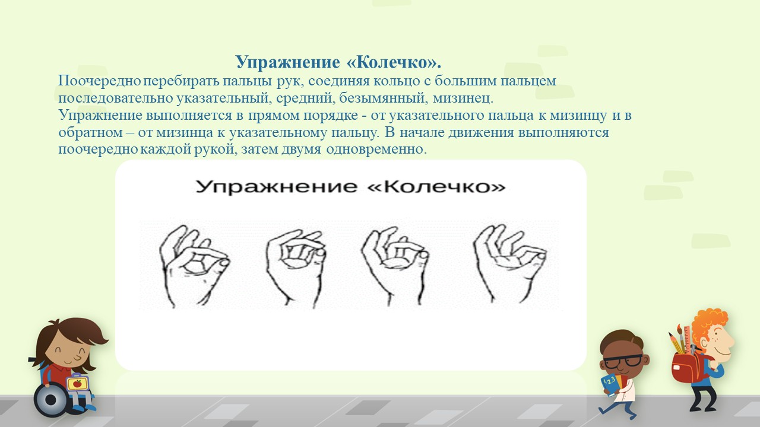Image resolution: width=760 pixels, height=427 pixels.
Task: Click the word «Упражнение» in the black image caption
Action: [276, 187]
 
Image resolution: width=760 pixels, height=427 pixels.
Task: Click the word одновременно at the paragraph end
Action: [376, 149]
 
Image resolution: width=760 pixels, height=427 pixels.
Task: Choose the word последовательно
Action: [116, 98]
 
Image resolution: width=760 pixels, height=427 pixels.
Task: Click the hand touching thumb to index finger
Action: [194, 267]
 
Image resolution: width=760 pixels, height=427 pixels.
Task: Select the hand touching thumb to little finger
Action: [510, 263]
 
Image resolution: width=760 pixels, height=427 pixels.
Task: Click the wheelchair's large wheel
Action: [51, 400]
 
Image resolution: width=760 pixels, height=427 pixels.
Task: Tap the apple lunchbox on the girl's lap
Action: [78, 383]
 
